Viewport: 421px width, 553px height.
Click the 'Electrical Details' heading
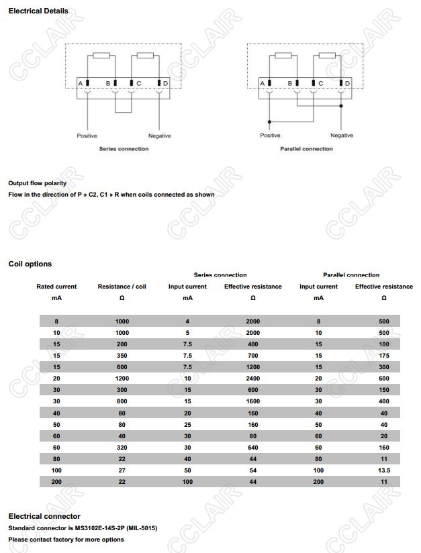tap(38, 11)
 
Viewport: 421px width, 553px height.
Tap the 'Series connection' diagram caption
tap(124, 149)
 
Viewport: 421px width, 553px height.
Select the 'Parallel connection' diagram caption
tap(306, 149)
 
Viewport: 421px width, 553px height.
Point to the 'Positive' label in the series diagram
tap(87, 136)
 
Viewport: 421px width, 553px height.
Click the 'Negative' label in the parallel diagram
tap(342, 136)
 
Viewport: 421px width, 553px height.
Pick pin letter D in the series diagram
tap(165, 83)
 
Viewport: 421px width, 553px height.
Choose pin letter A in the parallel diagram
tap(263, 83)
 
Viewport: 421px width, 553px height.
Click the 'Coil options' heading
tap(30, 264)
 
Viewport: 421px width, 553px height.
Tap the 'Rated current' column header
tap(56, 287)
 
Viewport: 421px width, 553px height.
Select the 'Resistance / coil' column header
tap(122, 287)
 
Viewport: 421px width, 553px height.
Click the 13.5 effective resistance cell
tap(384, 470)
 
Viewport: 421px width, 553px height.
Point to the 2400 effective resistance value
tap(253, 379)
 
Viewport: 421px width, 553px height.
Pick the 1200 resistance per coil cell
tap(122, 379)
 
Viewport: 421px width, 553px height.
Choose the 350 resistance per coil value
tap(122, 356)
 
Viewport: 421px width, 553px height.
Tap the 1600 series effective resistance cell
tap(253, 401)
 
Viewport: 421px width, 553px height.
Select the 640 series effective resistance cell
tap(253, 448)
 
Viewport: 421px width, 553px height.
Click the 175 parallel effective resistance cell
tap(384, 356)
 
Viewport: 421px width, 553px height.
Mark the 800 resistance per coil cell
tap(122, 401)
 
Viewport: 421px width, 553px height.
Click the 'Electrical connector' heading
tap(44, 516)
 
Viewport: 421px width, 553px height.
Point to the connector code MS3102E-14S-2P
tap(105, 528)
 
